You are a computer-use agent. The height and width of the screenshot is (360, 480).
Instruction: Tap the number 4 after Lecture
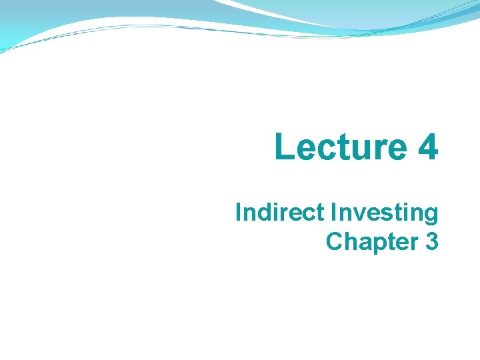428,147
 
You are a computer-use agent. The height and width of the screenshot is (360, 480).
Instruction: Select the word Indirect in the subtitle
280,213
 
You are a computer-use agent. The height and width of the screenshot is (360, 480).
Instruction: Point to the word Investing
385,214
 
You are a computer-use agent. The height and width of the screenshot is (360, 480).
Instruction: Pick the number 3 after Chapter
431,241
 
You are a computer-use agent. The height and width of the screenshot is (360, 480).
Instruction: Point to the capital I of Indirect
238,213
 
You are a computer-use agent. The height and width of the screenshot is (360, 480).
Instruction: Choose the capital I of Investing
333,213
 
